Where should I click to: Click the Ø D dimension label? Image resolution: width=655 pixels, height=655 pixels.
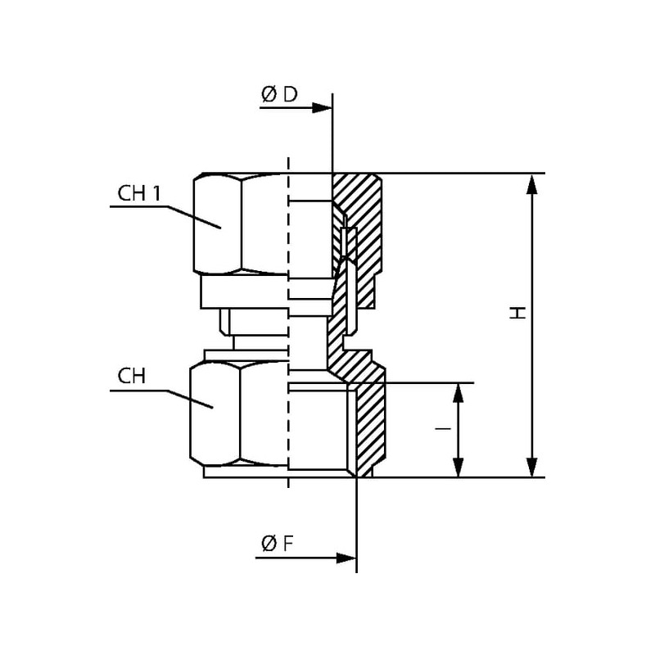click(x=279, y=95)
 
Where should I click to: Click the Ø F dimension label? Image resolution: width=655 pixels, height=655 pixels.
click(x=278, y=544)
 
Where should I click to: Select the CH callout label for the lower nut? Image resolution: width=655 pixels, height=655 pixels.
click(x=131, y=376)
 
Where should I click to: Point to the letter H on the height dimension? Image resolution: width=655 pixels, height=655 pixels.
click(x=517, y=312)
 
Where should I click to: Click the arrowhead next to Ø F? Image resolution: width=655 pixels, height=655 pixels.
click(x=347, y=558)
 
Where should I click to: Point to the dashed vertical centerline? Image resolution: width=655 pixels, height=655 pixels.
click(x=289, y=327)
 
